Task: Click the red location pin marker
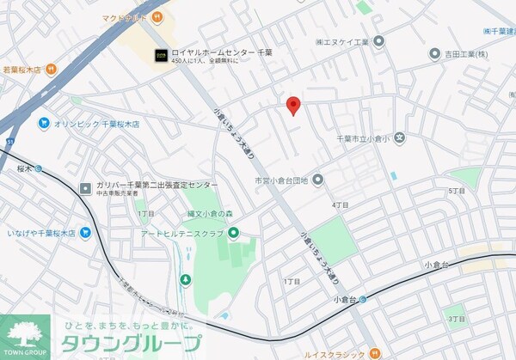pyautogui.click(x=292, y=105)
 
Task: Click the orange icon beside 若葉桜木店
pyautogui.click(x=51, y=68)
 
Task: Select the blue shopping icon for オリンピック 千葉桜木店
pyautogui.click(x=43, y=124)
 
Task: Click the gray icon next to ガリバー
pyautogui.click(x=85, y=188)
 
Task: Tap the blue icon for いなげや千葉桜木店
pyautogui.click(x=84, y=233)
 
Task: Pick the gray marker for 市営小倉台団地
pyautogui.click(x=317, y=180)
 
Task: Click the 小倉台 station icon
pyautogui.click(x=363, y=299)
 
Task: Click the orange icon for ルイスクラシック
pyautogui.click(x=375, y=352)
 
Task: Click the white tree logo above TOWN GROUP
pyautogui.click(x=28, y=331)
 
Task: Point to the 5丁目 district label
pyautogui.click(x=456, y=191)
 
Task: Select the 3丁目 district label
pyautogui.click(x=456, y=318)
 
